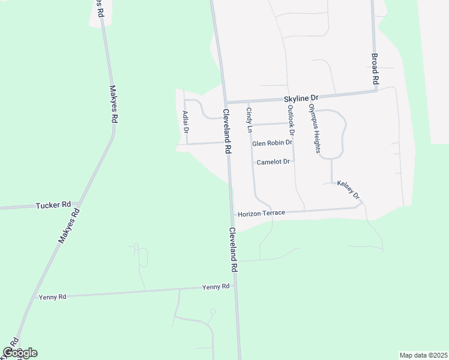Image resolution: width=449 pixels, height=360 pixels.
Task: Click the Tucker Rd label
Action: pos(53,205)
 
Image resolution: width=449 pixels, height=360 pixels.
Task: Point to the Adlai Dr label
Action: pos(186,122)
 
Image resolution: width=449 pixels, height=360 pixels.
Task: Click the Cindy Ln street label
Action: pos(249,119)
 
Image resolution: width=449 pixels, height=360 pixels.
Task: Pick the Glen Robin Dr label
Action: pos(272,143)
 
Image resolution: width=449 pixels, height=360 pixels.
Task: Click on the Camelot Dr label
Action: pos(273,162)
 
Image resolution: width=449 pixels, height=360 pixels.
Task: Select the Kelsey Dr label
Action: pos(348,190)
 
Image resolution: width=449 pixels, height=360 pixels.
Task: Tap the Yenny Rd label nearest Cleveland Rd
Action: pos(216,287)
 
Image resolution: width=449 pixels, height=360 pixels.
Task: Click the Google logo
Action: pos(20,353)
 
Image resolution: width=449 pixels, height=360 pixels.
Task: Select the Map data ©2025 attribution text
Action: pos(423,355)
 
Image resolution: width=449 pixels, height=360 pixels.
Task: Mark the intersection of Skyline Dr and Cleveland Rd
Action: pos(225,102)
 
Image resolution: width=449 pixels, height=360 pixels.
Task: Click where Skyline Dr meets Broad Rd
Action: pos(376,91)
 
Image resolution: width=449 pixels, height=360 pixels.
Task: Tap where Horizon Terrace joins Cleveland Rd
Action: pos(232,215)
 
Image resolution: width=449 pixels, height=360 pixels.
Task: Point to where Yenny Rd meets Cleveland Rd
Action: pos(235,287)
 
